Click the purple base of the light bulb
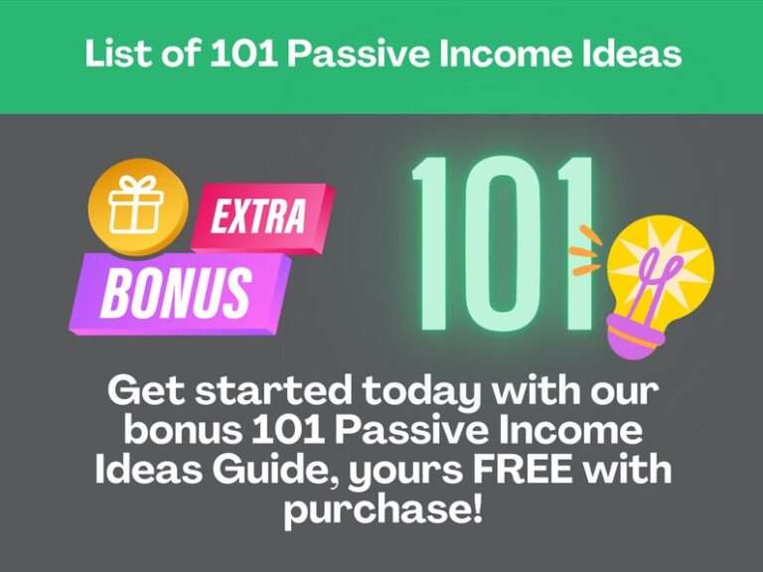pos(636,338)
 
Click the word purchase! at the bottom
pos(381,509)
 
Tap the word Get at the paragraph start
pos(141,390)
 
